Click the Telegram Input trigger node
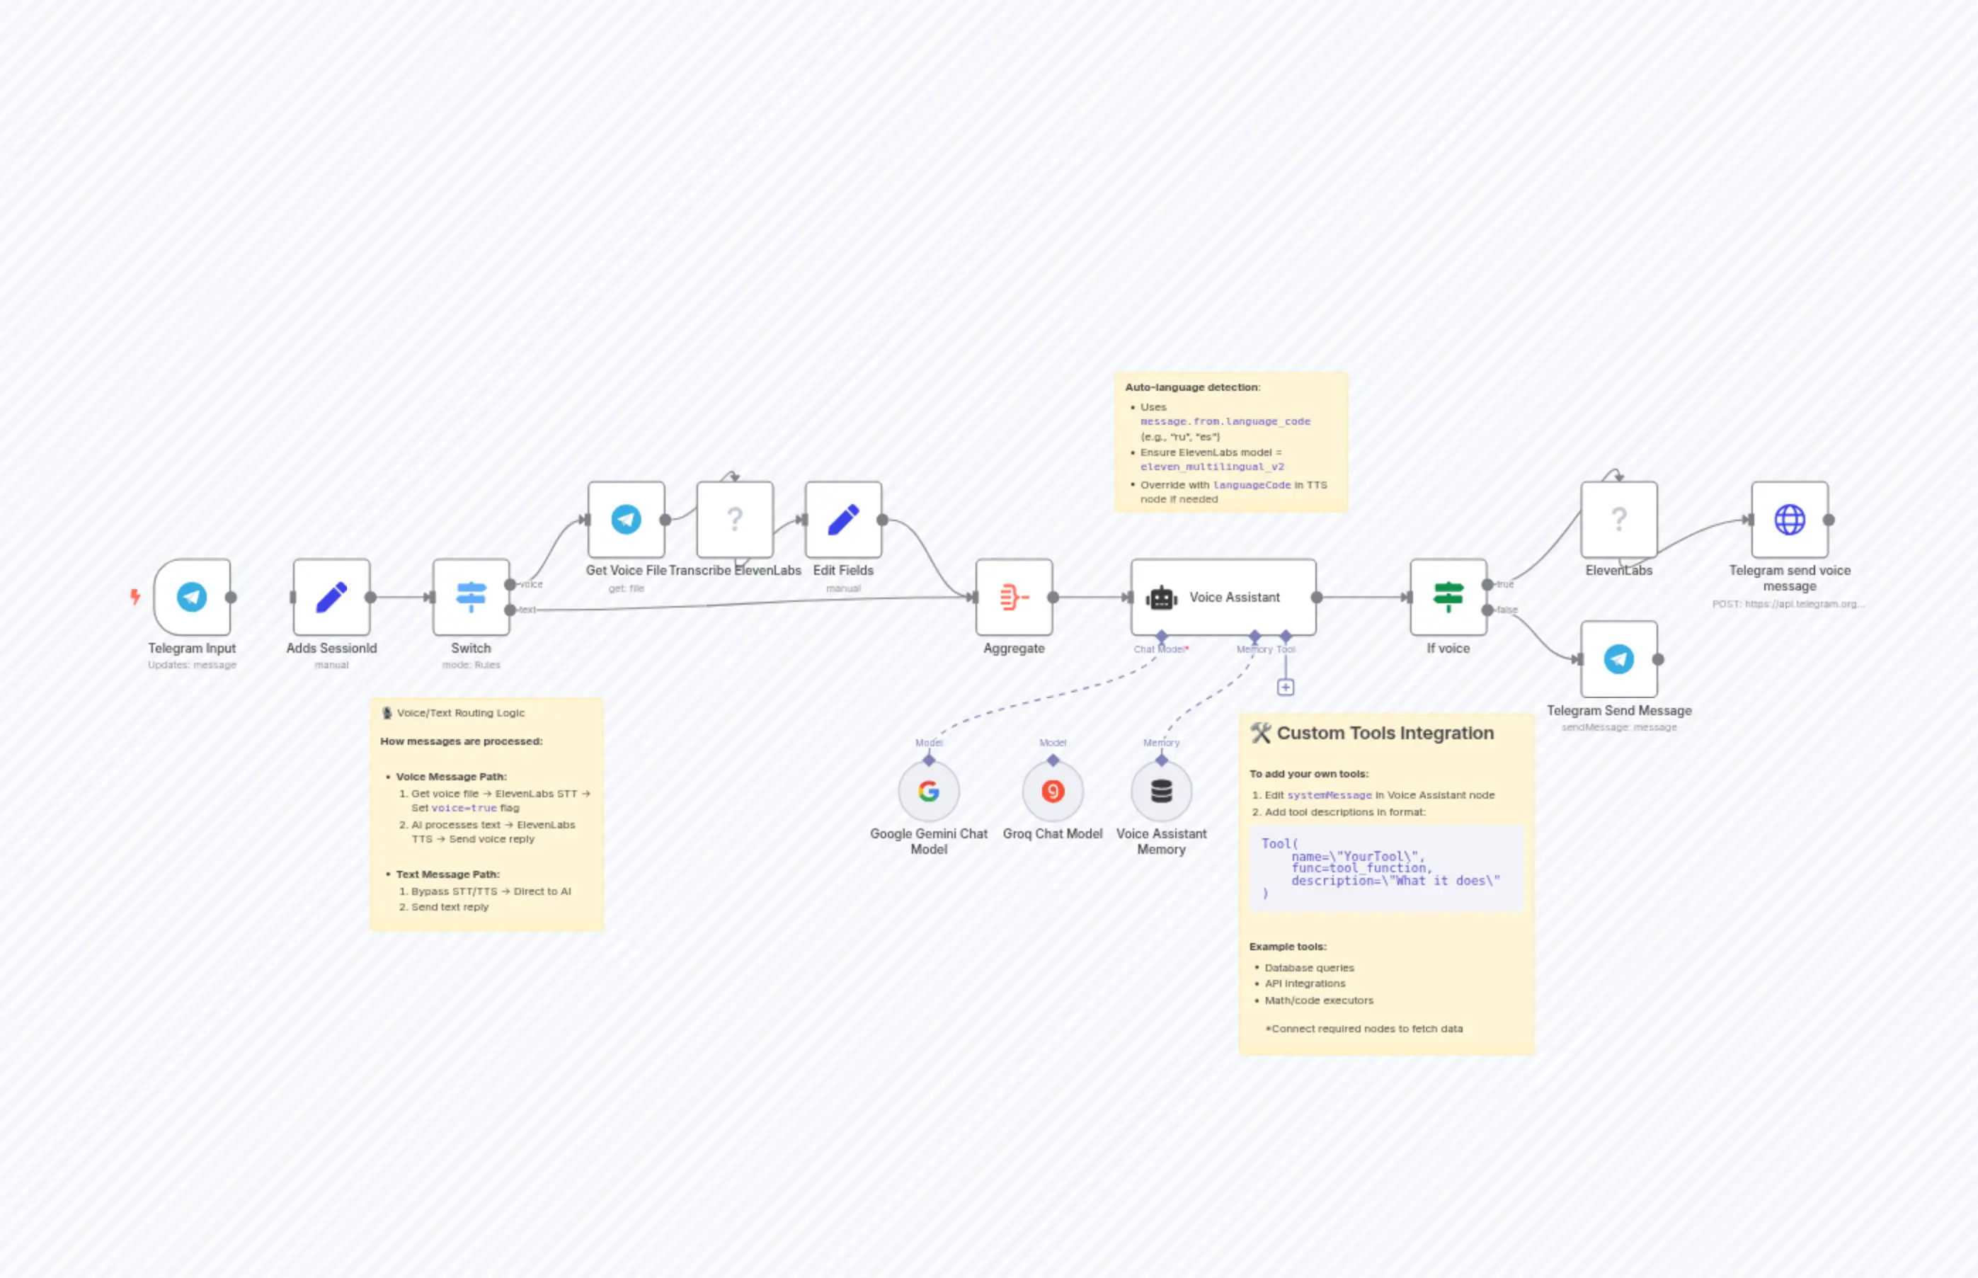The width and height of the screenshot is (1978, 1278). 192,597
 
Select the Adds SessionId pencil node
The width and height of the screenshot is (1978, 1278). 331,597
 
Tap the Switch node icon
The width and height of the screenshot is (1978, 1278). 471,597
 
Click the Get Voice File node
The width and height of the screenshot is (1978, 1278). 626,520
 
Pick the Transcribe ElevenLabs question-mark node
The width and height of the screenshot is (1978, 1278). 734,520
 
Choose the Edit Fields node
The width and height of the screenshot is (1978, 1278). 843,520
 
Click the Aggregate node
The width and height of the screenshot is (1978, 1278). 1013,597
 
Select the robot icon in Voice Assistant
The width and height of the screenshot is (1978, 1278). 1161,598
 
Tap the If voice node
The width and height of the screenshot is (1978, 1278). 1448,597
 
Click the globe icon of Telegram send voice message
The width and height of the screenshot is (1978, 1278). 1789,520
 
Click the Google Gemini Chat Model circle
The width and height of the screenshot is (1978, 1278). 928,791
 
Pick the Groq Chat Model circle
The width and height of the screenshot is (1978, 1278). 1052,791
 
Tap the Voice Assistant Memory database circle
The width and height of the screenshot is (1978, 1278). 1161,791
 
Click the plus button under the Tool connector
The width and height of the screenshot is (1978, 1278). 1285,687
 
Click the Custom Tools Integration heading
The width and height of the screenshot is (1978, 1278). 1384,733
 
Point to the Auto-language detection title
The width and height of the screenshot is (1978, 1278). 1191,387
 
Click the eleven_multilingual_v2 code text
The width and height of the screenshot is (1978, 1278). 1211,467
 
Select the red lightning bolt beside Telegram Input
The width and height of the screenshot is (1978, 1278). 135,596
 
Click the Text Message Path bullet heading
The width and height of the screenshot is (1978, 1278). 447,874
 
